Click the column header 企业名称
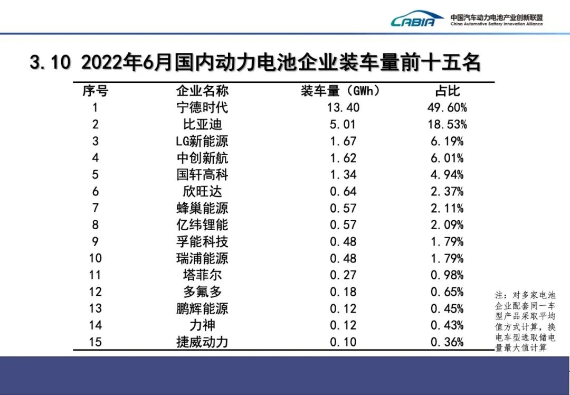pos(202,91)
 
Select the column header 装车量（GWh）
pos(340,91)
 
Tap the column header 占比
pos(447,91)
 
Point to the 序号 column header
pos(95,91)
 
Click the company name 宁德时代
pos(202,108)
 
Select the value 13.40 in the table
pos(343,108)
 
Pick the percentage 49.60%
pos(447,108)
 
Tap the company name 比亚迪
pos(202,125)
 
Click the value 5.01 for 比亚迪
pos(343,125)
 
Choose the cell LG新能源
pos(202,142)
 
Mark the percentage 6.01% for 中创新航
pos(447,158)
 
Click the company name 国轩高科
pos(202,175)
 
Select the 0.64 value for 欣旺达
pos(343,192)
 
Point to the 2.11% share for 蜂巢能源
pos(447,208)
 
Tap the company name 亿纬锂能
pos(202,225)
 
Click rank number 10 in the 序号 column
pos(95,258)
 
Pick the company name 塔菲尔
pos(202,275)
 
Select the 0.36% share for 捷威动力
pos(447,342)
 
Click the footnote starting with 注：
pos(525,322)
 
